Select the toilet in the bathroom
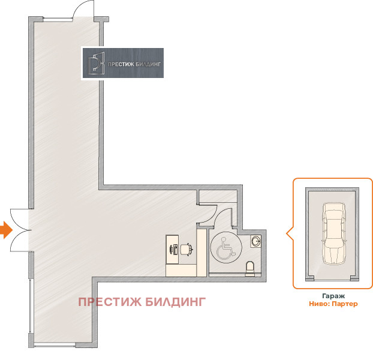tap(251, 267)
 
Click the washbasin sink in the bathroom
tap(257, 241)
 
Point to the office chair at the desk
tap(186, 248)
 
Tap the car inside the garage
tap(334, 233)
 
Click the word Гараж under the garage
tap(333, 296)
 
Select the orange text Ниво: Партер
tap(333, 304)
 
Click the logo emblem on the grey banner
tap(96, 63)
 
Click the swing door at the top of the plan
tap(82, 11)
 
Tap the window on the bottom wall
tap(54, 344)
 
